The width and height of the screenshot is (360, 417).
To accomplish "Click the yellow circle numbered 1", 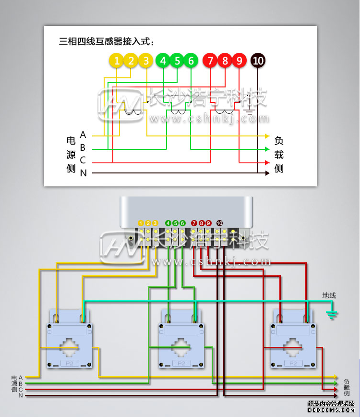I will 117,61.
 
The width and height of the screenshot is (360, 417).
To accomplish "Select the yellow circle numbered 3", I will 146,61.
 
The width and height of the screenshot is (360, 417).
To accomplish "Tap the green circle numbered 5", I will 177,61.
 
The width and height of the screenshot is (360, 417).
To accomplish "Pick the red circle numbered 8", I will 225,61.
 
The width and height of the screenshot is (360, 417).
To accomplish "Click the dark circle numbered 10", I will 258,61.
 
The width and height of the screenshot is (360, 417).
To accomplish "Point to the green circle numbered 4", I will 163,61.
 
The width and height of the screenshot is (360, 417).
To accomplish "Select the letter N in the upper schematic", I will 83,173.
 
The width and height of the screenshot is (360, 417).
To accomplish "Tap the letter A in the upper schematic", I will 83,135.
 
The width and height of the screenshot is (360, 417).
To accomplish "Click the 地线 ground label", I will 329,295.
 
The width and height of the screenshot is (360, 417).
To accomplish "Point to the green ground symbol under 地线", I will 331,315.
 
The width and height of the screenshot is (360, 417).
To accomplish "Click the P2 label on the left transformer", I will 70,364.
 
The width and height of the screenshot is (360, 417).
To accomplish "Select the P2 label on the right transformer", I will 293,364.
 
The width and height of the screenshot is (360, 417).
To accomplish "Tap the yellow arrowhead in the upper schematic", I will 267,136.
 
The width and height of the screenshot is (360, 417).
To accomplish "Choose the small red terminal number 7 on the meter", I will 194,223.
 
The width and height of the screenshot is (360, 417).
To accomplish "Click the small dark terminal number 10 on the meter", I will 219,223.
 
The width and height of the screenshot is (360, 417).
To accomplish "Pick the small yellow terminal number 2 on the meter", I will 148,223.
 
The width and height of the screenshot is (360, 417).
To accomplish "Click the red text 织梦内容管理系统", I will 331,404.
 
